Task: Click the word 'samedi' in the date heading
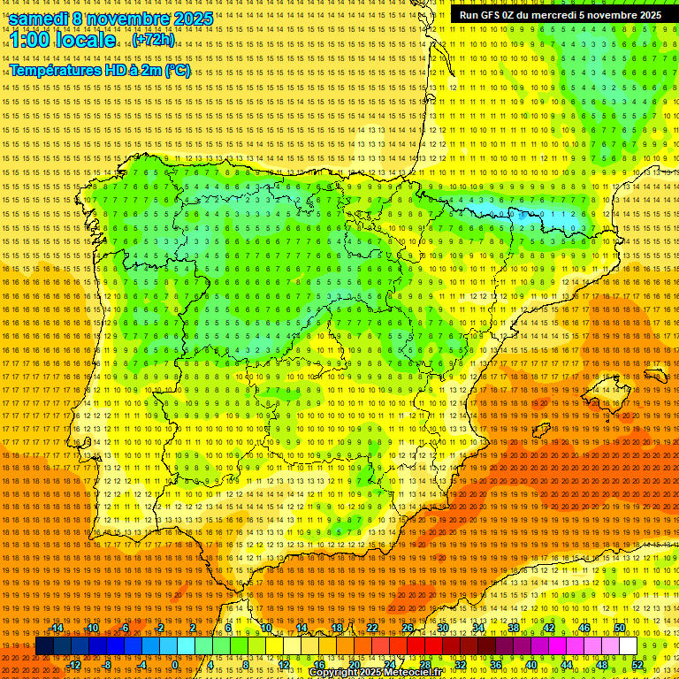pos(39,19)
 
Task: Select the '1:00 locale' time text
pos(62,40)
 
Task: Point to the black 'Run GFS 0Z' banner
pos(560,15)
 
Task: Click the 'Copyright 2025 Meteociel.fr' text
pos(375,672)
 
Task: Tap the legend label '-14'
pos(57,628)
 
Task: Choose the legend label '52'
pos(637,664)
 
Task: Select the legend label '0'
pos(175,664)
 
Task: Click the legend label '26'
pos(407,628)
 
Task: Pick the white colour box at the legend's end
pos(629,646)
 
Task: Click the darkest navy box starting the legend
pos(44,646)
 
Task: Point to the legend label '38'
pos(513,628)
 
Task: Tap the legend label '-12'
pos(74,664)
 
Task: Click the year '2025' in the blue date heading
pos(193,19)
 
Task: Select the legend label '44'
pos(567,664)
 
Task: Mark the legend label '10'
pos(265,628)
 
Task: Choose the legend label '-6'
pos(125,628)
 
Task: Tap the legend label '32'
pos(460,664)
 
